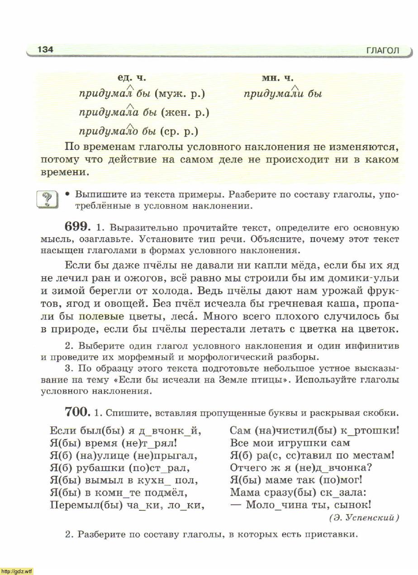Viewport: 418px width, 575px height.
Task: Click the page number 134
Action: click(45, 49)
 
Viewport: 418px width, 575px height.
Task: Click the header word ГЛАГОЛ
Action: click(383, 51)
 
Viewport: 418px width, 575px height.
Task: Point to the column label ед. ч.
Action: click(132, 78)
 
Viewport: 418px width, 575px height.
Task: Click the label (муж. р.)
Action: click(180, 94)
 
